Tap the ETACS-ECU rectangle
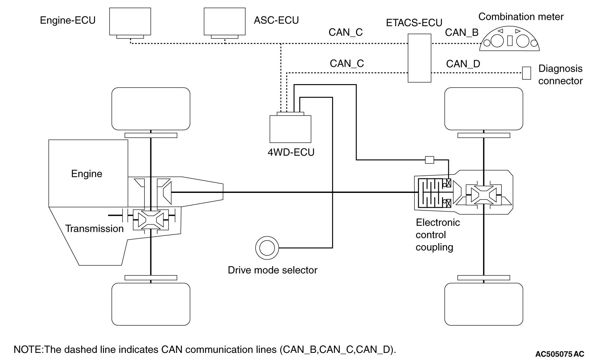(x=419, y=58)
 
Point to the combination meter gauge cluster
(x=509, y=39)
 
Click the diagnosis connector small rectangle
(x=527, y=73)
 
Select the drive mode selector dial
(x=267, y=248)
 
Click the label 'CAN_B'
(x=462, y=33)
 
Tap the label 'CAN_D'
(x=463, y=64)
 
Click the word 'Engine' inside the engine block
(x=86, y=174)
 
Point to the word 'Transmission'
(x=94, y=229)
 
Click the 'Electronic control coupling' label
(x=438, y=235)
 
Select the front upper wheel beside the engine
(x=151, y=109)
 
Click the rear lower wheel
(x=484, y=304)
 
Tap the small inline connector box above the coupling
(x=429, y=160)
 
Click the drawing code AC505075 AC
(x=559, y=354)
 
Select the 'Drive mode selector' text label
(x=272, y=270)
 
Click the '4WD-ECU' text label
(x=291, y=153)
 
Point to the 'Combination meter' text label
(x=521, y=17)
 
